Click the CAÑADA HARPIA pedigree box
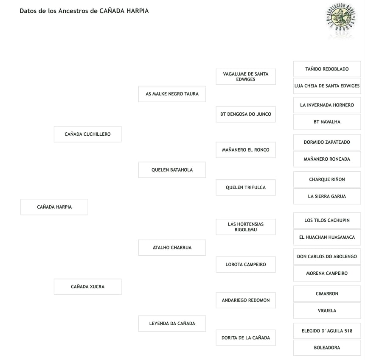pos(54,207)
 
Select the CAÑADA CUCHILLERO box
pos(87,134)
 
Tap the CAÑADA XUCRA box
pos(87,287)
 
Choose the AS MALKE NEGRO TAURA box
pos(172,94)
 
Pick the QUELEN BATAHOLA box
pos(172,170)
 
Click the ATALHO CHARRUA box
pos(172,248)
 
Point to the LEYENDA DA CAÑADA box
pos(172,324)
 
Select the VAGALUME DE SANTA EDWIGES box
pos(245,77)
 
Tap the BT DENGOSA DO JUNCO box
pos(245,114)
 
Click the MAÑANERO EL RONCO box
pos(245,150)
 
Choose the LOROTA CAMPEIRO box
pos(245,265)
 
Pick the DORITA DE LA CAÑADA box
pos(245,338)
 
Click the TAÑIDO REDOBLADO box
pos(327,69)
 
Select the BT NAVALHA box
pos(327,122)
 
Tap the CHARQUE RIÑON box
pos(327,179)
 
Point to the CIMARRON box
pos(327,293)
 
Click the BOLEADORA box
pos(327,348)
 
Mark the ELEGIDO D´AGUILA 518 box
pos(327,331)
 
